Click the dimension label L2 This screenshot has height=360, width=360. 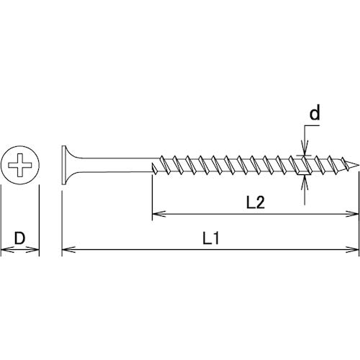[254, 203]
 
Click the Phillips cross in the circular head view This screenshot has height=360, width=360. [20, 167]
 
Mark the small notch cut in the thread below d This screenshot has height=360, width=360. [302, 170]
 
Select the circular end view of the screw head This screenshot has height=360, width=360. [20, 167]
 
